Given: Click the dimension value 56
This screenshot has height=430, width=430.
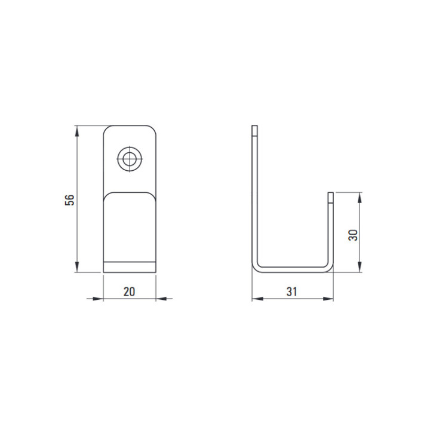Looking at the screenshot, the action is click(x=70, y=200).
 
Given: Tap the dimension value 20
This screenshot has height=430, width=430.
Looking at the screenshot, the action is click(x=129, y=291).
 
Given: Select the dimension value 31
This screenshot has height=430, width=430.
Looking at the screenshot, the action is click(x=291, y=291).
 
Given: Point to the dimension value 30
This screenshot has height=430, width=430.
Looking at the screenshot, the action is click(x=353, y=235).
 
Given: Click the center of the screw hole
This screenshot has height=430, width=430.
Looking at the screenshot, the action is click(x=130, y=159).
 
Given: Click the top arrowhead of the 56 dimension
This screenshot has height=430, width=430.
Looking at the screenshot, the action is click(x=77, y=131).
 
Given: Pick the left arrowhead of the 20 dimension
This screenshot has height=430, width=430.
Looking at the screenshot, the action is click(x=98, y=299).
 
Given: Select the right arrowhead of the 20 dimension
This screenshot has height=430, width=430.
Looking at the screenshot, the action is click(x=161, y=299).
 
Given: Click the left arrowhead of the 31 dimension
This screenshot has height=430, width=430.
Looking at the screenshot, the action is click(x=257, y=299).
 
